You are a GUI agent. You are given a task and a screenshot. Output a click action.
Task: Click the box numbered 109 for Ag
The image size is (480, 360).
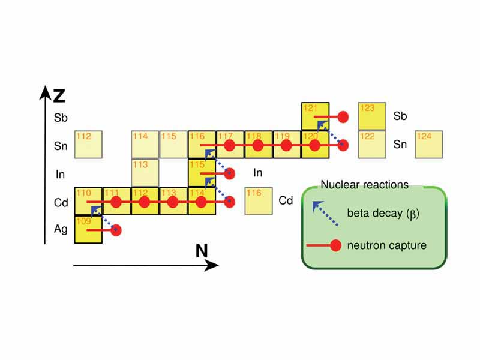coord(88,230)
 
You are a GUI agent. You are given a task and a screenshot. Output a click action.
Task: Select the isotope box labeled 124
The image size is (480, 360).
coord(430,145)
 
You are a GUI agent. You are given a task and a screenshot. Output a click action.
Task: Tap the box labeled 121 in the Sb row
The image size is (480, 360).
coord(316,116)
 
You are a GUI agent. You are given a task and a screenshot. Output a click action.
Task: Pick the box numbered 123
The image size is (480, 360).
coord(373,116)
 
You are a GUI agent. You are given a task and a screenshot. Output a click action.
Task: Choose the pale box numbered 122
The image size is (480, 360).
coord(373,145)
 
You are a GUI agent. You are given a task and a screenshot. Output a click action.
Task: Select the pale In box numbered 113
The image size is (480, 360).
coord(145,173)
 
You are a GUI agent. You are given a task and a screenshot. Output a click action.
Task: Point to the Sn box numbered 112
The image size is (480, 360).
coord(88,145)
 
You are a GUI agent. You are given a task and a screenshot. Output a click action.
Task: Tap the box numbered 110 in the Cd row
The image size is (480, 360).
coord(88,201)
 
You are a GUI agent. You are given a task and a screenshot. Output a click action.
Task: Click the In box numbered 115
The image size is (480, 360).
coord(202,173)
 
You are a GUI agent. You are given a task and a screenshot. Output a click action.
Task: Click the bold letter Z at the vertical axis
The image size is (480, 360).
coord(59,95)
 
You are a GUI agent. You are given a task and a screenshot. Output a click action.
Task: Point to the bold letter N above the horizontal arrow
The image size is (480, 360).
coord(203,251)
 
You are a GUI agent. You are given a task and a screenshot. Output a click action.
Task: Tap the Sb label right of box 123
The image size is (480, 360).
coord(400,116)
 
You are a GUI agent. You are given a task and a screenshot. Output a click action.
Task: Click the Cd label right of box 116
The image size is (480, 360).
coord(286,200)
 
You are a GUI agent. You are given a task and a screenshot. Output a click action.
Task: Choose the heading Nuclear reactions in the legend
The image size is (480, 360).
coord(364,185)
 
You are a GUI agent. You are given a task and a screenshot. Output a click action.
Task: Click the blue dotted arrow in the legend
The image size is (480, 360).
coord(324,213)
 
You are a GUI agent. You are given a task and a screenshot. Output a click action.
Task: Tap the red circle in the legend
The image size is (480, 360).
coord(335,245)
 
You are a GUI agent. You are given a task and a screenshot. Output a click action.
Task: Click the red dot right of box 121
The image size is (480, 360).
coord(343,116)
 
